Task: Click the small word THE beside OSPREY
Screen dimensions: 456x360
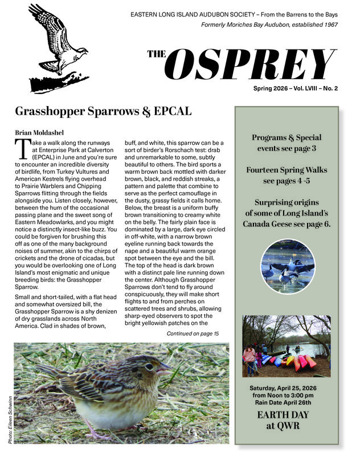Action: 157,55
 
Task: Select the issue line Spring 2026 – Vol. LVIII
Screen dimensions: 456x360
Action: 296,89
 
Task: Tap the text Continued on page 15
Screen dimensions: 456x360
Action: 194,333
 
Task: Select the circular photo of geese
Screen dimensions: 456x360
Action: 287,267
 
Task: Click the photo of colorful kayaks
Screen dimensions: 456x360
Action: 287,345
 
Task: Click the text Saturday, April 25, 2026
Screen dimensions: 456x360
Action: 287,388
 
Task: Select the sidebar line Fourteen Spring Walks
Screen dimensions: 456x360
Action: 287,170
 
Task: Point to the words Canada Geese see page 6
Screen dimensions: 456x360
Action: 287,224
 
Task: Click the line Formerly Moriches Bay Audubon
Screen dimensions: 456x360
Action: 269,25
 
